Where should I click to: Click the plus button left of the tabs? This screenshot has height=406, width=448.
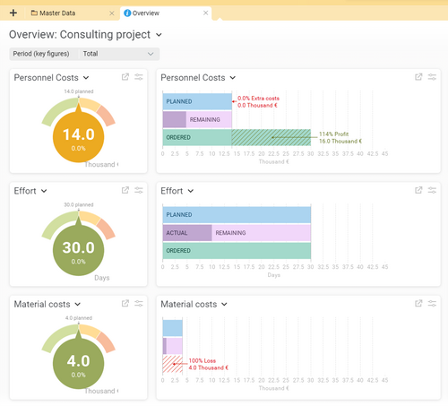[13, 13]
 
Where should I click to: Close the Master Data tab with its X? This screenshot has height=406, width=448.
[111, 13]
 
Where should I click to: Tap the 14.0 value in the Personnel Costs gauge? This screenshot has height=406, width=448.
[78, 134]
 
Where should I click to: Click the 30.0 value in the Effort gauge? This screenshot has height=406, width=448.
[78, 248]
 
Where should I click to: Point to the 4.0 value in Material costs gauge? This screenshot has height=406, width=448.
[78, 362]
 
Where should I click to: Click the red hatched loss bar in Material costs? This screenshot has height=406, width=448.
[172, 364]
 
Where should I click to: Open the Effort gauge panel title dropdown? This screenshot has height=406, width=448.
[43, 191]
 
